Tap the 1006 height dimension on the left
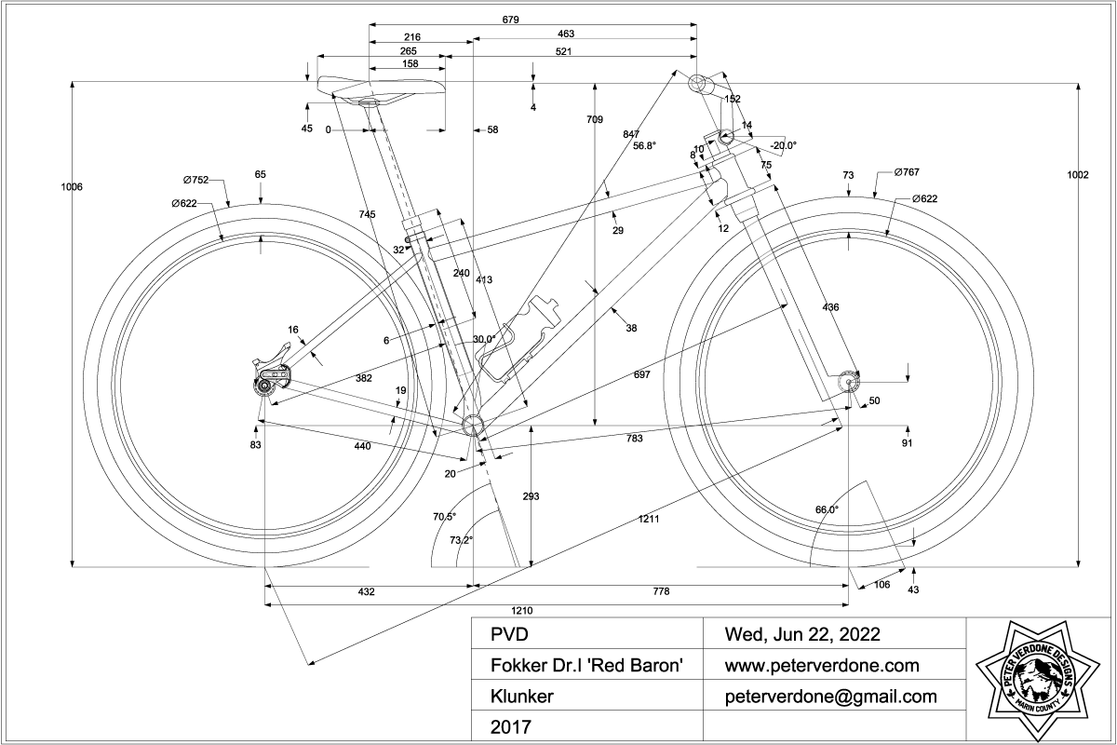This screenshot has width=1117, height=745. point(72,186)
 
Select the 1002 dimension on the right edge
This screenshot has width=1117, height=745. point(1079,175)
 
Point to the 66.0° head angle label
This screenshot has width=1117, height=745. point(827,509)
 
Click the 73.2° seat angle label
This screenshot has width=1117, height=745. point(461,539)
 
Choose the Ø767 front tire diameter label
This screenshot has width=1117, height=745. point(908,172)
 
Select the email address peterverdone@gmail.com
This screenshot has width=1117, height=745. point(830,696)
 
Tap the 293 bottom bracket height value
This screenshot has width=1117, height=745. point(532,496)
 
